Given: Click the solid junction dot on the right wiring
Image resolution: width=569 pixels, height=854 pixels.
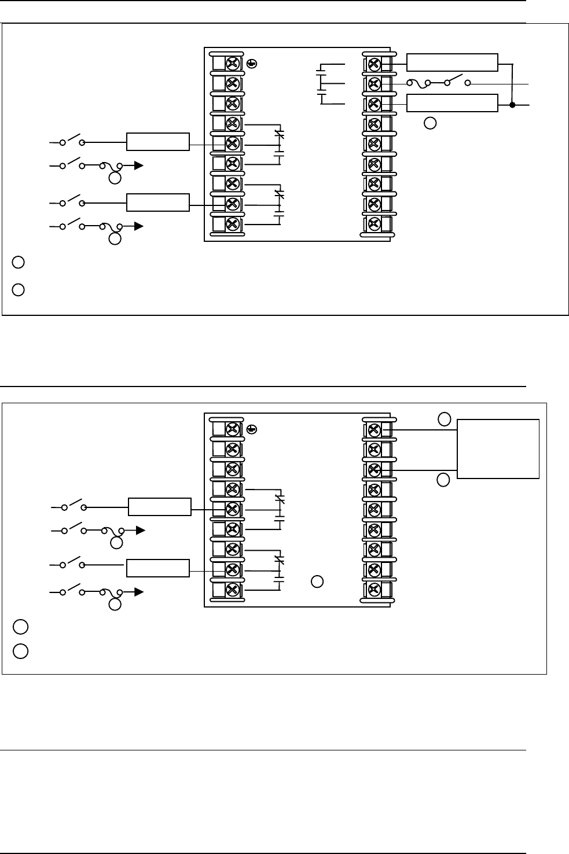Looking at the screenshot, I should click(512, 105).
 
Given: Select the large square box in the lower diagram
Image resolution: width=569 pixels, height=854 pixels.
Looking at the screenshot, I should click(498, 449).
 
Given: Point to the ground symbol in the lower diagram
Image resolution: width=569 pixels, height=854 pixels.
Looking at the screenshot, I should click(251, 429).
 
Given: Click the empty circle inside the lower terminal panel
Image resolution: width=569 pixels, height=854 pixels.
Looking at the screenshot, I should click(317, 581).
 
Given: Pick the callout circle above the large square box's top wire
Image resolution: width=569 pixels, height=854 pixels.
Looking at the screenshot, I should click(443, 418).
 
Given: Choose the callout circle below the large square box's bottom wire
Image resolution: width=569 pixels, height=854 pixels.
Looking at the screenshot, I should click(443, 480).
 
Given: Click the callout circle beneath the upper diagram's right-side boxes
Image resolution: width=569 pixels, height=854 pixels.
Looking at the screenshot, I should click(429, 123).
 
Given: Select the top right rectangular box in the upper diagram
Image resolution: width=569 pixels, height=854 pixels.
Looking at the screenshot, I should click(452, 62).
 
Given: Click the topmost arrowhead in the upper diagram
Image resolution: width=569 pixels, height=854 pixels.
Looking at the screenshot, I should click(139, 165).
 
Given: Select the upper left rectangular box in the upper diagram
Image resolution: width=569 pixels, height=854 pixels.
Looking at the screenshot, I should click(158, 142).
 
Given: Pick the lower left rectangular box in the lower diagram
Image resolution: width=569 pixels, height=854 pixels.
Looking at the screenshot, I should click(158, 568).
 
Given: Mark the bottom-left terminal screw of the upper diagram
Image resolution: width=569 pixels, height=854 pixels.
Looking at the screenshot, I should click(233, 224).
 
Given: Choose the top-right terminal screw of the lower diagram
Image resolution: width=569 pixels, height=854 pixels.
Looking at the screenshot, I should click(374, 429).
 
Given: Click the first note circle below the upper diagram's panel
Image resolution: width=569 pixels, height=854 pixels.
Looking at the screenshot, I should click(18, 263).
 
